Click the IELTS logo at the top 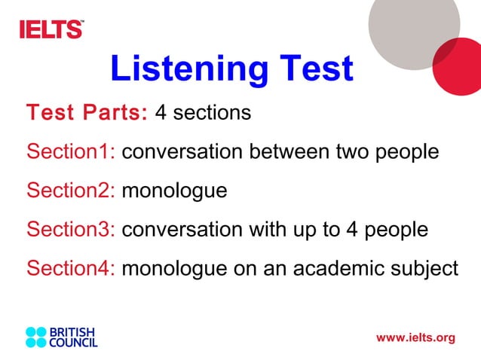(x=51, y=29)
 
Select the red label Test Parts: (x=87, y=114)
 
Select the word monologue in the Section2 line (x=174, y=191)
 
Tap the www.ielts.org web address (x=415, y=337)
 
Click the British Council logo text (x=73, y=337)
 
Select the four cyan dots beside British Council (x=36, y=337)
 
